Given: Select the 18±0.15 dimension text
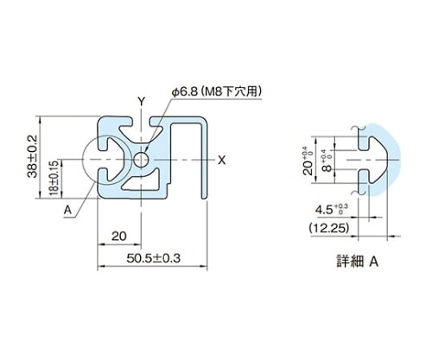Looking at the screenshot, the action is (x=54, y=178).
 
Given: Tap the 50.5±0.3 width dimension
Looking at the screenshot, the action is (x=153, y=258).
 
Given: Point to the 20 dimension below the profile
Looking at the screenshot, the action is (x=119, y=237).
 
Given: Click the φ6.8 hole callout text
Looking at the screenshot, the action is (x=185, y=92).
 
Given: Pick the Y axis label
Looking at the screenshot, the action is (x=141, y=101).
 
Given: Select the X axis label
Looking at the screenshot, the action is (x=221, y=160).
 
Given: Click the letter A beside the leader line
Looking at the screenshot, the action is (x=67, y=210).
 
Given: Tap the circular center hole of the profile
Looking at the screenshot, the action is (x=141, y=160).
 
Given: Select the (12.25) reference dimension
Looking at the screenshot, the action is (x=329, y=228).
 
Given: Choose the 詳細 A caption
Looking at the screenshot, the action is (x=358, y=262).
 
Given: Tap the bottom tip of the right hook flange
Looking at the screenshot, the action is (x=204, y=198).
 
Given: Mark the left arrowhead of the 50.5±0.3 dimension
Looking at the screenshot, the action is (x=99, y=266).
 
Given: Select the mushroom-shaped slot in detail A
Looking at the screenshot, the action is (x=373, y=159).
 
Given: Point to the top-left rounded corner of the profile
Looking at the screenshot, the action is (x=101, y=119).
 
